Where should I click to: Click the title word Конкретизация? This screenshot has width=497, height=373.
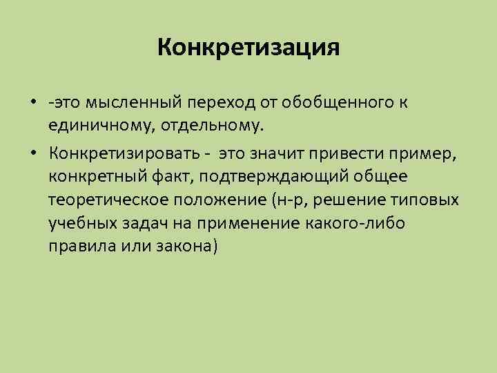[248, 48]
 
